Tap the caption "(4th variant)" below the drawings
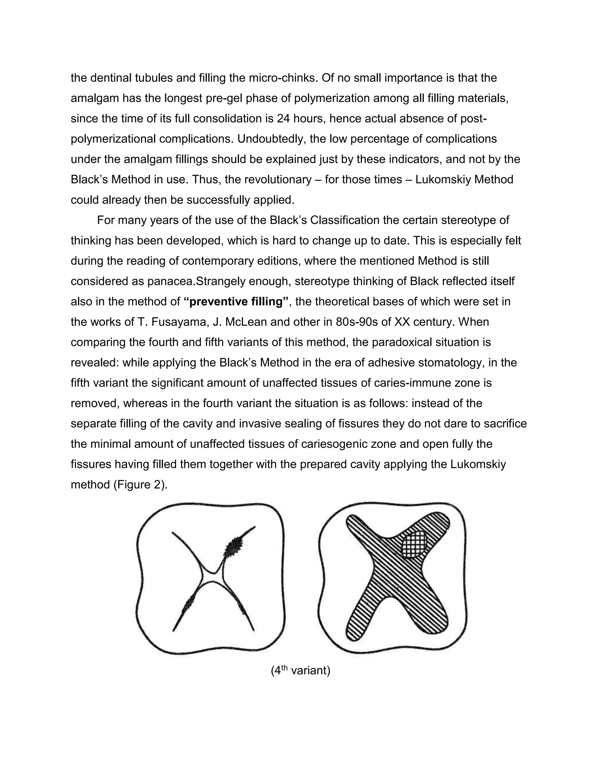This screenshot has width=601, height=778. point(300,671)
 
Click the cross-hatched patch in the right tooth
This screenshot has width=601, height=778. point(414,544)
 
